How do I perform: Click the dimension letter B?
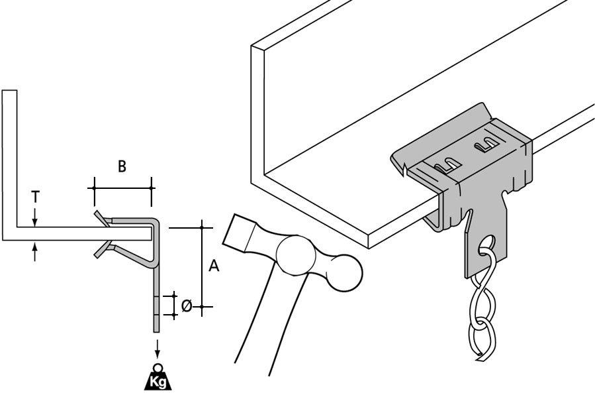point(122,167)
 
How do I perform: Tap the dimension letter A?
point(214,266)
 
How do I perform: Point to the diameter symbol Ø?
point(187,306)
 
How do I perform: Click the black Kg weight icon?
point(158,379)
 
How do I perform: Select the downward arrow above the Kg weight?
point(158,348)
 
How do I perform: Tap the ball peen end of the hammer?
point(343,270)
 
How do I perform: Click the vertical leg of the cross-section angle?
point(10,159)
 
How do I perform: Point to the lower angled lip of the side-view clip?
point(101,249)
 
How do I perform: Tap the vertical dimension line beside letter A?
point(202,265)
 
